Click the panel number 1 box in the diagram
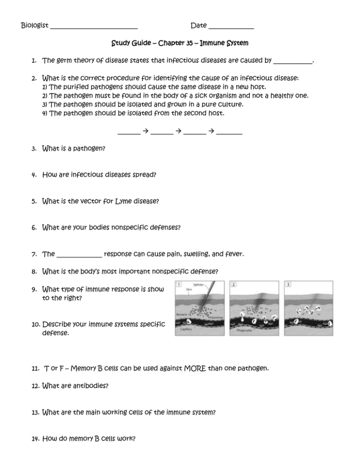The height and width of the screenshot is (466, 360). [179, 284]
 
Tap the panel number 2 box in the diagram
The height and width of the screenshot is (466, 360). [234, 284]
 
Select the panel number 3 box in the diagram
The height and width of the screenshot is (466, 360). [289, 284]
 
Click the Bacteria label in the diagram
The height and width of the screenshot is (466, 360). [182, 313]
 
